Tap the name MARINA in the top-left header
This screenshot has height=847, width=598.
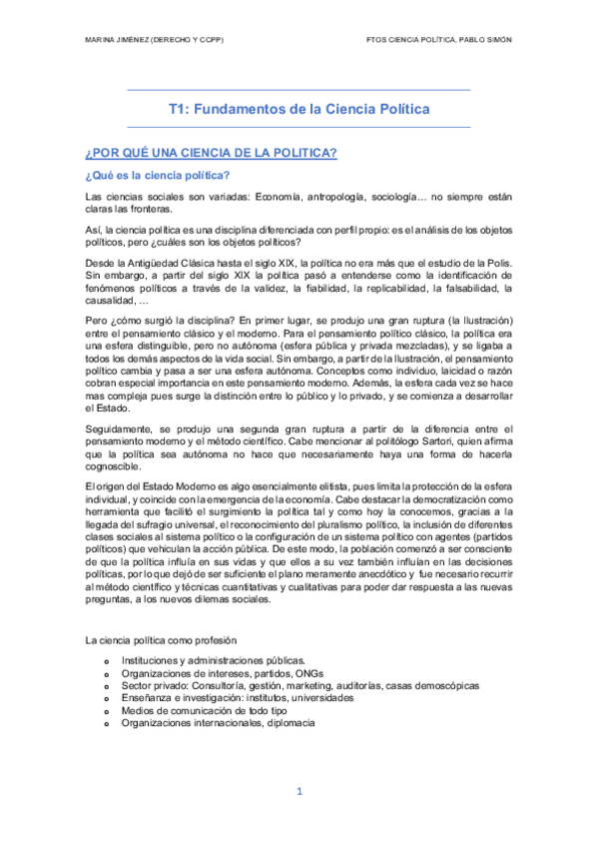(x=105, y=39)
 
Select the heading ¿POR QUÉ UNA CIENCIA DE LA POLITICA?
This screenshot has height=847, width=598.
(x=212, y=153)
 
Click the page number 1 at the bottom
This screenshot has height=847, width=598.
(x=299, y=792)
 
